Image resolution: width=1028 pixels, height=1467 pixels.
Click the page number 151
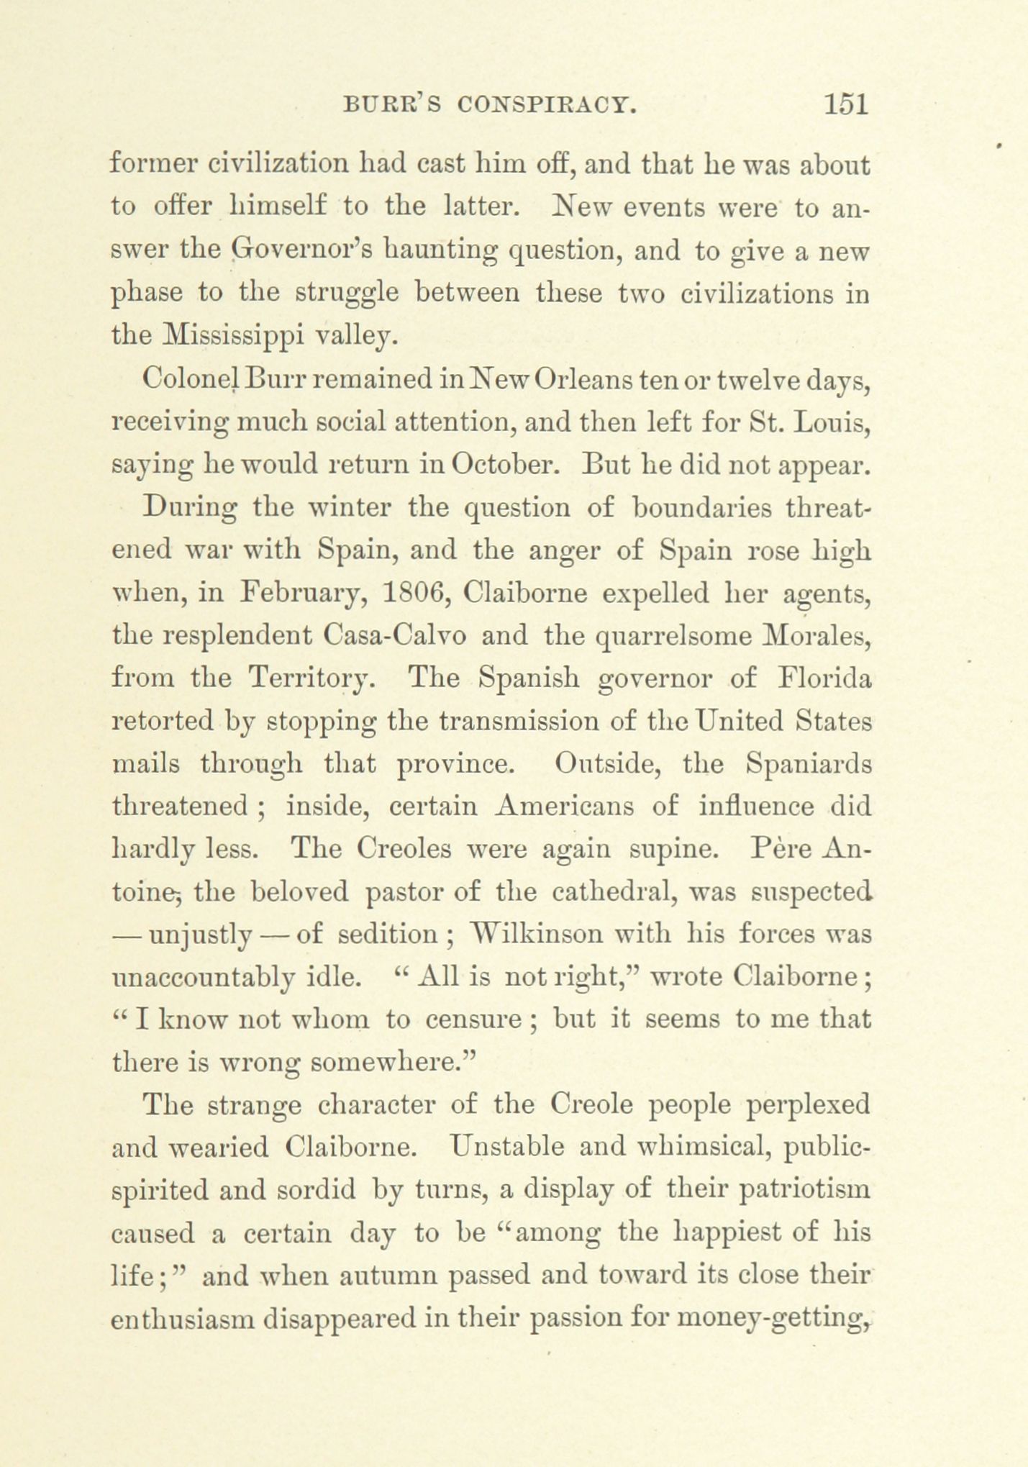pos(846,104)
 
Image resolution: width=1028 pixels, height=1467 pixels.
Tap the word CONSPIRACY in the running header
pos(547,106)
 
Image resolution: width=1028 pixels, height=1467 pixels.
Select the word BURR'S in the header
pos(392,106)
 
